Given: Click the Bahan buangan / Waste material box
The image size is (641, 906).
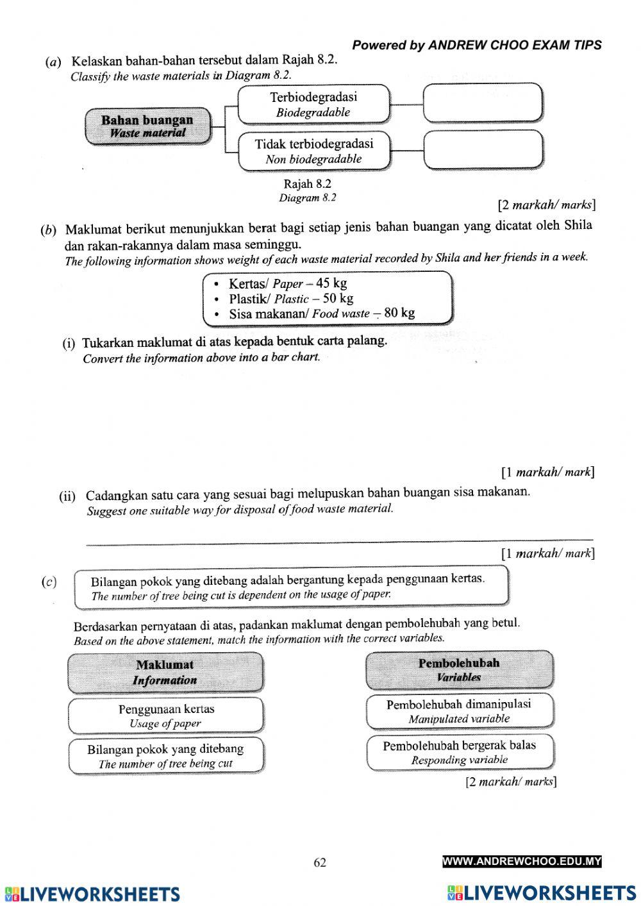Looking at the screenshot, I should [147, 126].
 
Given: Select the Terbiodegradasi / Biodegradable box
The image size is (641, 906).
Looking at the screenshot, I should [313, 105].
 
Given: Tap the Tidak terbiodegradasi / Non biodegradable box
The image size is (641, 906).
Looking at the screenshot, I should [313, 151].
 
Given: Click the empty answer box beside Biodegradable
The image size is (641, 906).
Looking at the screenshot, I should [483, 103].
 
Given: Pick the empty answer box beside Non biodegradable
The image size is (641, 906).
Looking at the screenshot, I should [483, 150].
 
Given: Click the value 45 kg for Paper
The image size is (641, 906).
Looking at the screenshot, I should [331, 283].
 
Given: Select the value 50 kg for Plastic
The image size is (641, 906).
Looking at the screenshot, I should [338, 298].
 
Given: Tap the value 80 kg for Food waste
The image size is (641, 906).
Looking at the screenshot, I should [399, 313].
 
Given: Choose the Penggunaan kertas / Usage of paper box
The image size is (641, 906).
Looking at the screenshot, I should [166, 716].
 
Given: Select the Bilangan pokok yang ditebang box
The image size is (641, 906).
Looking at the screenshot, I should [166, 755].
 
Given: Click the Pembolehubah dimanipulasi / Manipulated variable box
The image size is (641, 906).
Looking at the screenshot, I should [459, 710].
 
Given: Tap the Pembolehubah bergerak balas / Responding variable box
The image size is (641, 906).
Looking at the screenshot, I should [459, 751].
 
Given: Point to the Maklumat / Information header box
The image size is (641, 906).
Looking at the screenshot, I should [165, 673].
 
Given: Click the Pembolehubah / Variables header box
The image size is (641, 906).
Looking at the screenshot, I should [459, 669].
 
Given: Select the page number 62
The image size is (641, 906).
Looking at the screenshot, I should [320, 862].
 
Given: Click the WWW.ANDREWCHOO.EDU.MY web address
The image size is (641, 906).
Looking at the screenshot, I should [522, 862].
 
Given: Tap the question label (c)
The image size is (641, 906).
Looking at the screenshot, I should [49, 582].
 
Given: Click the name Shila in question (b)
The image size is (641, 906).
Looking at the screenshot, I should [578, 225].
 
